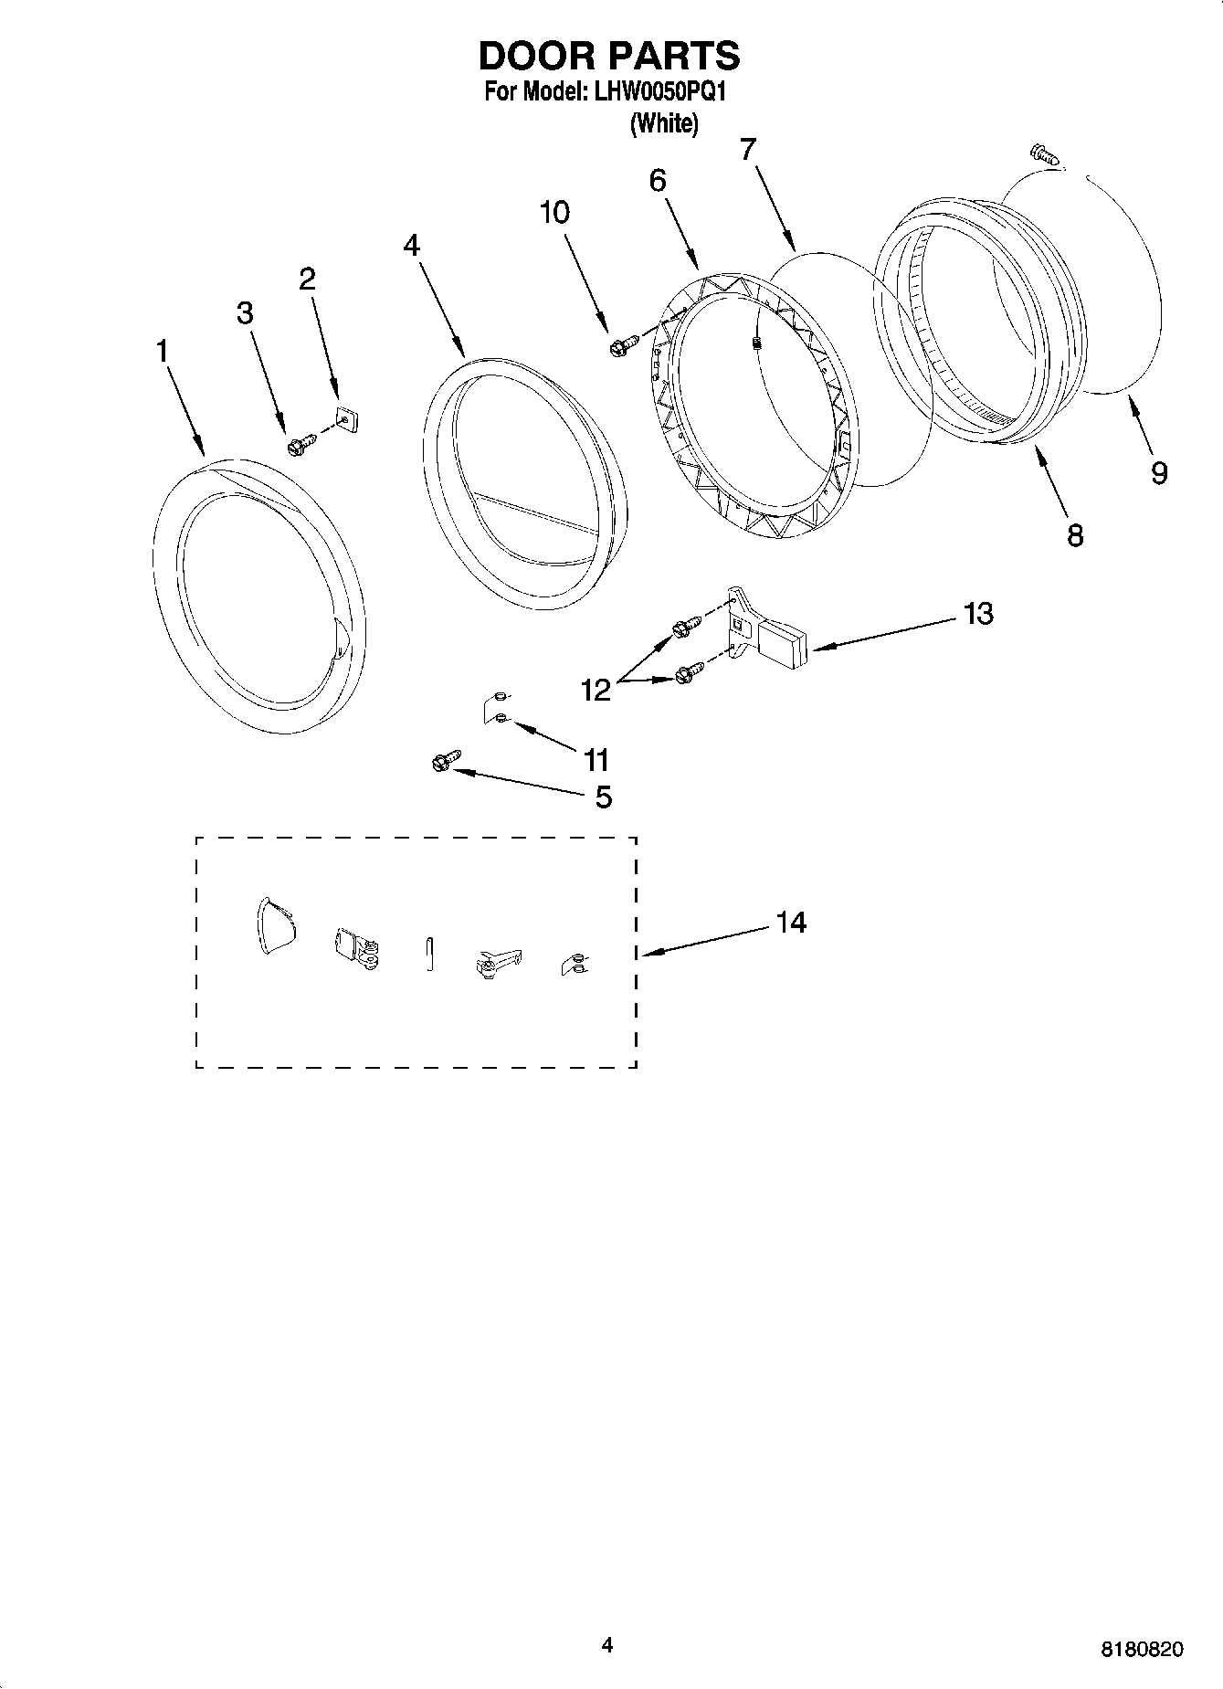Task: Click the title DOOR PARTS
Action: point(609,57)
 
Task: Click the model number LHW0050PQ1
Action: point(659,92)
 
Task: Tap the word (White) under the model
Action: point(664,123)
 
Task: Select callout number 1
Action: point(163,351)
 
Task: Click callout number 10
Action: point(554,213)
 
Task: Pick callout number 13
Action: point(977,613)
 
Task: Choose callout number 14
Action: point(791,923)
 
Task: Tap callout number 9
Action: point(1158,472)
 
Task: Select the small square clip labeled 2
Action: point(346,419)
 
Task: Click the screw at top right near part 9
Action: point(1043,153)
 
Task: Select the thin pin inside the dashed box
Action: point(429,954)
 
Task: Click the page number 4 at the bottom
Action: point(607,1645)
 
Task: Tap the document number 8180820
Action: point(1142,1650)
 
